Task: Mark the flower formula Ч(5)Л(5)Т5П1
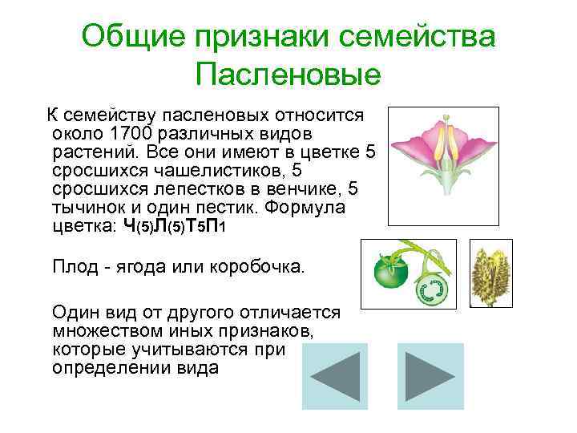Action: click(168, 227)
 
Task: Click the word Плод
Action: click(72, 265)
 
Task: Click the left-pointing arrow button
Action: click(334, 376)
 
